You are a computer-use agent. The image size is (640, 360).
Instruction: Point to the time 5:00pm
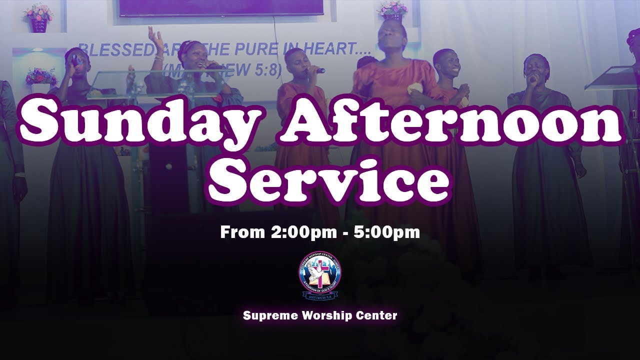coord(386,232)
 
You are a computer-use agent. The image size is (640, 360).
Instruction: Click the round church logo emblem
coord(320,274)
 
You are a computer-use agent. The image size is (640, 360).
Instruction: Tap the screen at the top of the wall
coord(220,7)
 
